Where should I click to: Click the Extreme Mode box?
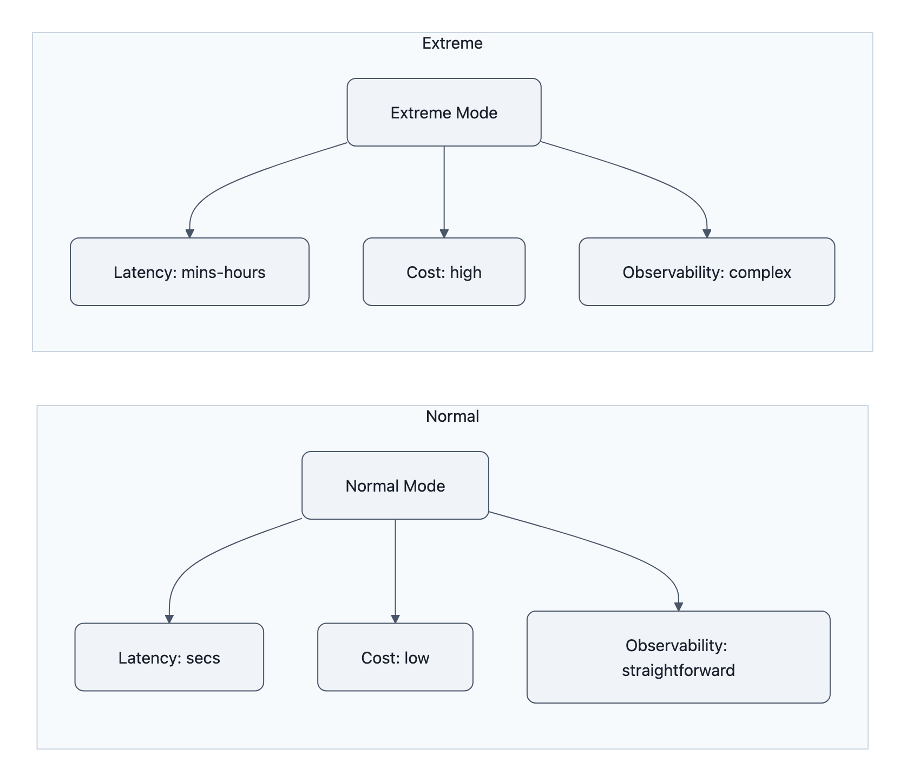(444, 112)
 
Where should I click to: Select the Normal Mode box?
(395, 486)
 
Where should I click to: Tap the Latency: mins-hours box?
(189, 272)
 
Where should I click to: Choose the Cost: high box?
(444, 272)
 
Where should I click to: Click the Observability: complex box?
(707, 272)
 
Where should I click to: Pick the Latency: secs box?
(169, 658)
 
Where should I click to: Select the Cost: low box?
(395, 658)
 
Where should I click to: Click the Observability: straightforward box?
(678, 658)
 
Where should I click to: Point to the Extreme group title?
(452, 43)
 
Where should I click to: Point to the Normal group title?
(452, 416)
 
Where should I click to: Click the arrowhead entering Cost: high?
(444, 234)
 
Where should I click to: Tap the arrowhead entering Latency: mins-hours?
(189, 234)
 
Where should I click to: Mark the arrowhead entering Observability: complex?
(707, 234)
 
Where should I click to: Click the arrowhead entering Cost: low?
(395, 619)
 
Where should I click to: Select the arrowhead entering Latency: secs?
(169, 619)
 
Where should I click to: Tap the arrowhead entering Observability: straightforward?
(678, 607)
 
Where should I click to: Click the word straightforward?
(678, 671)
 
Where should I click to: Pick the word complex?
(760, 272)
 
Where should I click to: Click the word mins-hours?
(223, 272)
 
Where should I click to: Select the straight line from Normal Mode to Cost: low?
(395, 568)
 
